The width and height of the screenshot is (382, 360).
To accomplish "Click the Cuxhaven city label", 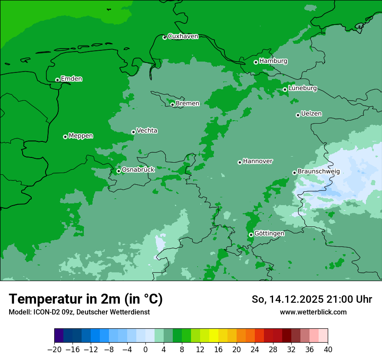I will coord(183,36).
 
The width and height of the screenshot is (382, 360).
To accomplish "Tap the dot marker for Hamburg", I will coord(256,62).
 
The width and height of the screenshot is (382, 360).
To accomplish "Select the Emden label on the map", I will coord(71,79).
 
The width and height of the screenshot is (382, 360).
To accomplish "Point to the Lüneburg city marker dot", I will coord(285,89).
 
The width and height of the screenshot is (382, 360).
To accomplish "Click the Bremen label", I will coord(188,104).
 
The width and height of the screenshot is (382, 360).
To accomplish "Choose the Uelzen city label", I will coord(311,114).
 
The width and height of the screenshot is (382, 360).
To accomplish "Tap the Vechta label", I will coord(147,131).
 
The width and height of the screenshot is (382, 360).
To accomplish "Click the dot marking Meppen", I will coord(65,137).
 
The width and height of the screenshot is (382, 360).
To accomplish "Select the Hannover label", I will coord(257,161).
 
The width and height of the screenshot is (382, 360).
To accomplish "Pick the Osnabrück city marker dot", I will coord(119,171).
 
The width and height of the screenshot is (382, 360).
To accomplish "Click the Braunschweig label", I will coord(319,172).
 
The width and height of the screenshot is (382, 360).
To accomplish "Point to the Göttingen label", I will coord(269,234).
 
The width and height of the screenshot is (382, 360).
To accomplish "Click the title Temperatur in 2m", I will coord(86,299).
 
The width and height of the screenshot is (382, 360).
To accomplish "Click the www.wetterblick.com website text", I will coord(313,312).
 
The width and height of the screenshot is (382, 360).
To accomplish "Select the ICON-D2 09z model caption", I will coord(79,312).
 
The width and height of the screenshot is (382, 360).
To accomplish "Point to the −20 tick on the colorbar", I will coord(55,349).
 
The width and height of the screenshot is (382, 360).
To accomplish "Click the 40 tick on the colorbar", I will coord(328,349).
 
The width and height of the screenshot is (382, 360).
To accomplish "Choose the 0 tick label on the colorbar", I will coord(145,349).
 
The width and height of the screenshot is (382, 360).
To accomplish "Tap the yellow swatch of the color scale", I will coord(214,336).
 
